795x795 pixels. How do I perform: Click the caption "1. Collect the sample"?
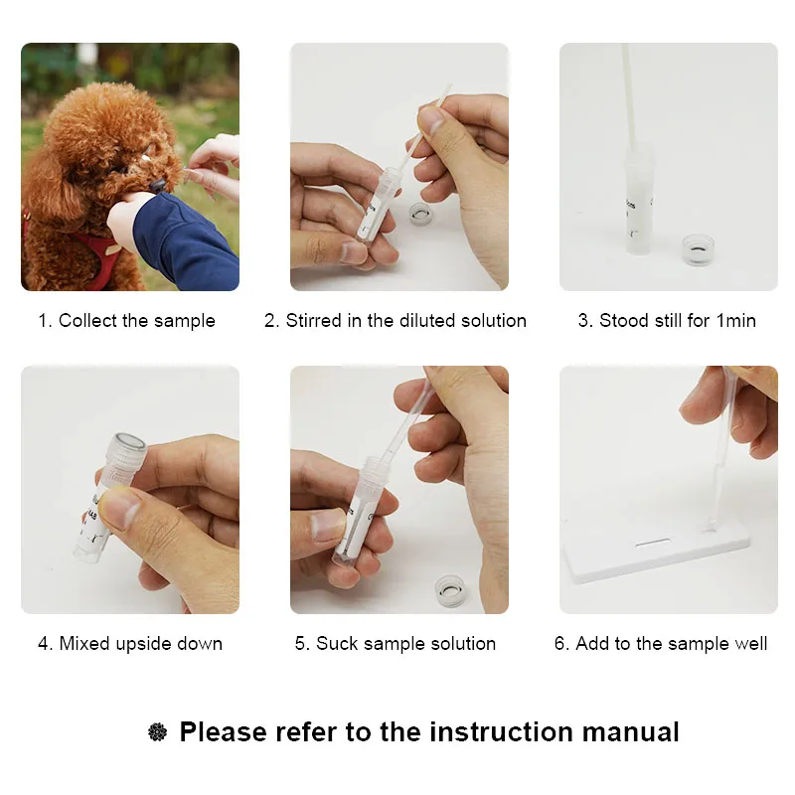coord(126,320)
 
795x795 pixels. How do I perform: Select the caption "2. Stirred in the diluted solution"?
coord(396,320)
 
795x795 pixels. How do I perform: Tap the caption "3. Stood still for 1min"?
coord(667,320)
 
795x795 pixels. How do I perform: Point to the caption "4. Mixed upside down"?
coord(130,643)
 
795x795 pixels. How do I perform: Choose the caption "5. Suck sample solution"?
coord(396,643)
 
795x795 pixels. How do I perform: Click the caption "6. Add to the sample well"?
coord(661,643)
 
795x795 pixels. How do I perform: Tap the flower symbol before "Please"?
coord(158,732)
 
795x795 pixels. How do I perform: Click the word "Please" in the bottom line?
coord(223,732)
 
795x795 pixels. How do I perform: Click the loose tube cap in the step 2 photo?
coord(424,213)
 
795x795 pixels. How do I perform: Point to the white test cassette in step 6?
coord(656,556)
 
